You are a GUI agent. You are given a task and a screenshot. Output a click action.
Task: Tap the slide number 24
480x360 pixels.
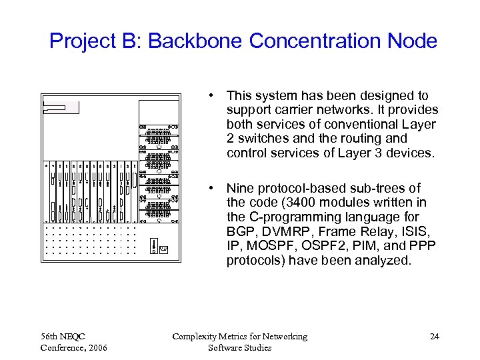point(434,337)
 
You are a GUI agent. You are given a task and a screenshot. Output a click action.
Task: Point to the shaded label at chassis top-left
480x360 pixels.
point(54,107)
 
